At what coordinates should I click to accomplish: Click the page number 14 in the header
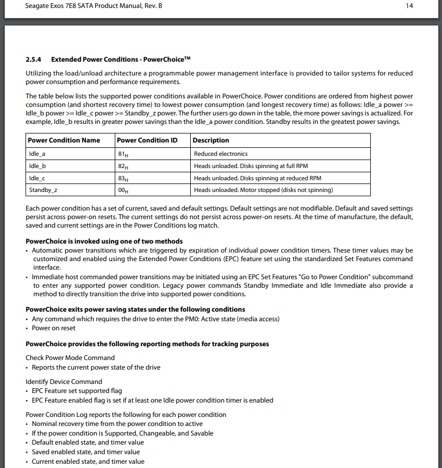409,6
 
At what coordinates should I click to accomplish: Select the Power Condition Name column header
64,140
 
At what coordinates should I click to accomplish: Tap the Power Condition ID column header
147,140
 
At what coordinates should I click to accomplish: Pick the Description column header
211,140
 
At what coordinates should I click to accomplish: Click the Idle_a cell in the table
37,154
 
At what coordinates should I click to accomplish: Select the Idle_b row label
37,166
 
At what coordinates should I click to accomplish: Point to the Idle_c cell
37,178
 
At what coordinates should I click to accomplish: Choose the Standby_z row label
41,190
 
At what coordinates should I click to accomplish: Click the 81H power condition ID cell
123,154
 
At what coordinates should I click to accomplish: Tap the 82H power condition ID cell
123,166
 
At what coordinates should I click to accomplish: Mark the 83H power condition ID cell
123,179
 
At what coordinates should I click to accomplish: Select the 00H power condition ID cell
123,190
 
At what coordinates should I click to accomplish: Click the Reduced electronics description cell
220,154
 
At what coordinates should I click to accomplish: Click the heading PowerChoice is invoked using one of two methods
104,241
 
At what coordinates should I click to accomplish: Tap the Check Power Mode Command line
70,358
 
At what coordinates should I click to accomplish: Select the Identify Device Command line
64,381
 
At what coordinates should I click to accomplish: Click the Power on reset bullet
54,328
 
